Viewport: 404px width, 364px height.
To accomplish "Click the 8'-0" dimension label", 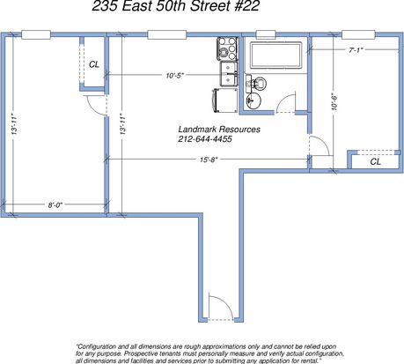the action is pos(55,204).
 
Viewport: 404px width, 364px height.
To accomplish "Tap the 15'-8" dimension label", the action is pos(209,160).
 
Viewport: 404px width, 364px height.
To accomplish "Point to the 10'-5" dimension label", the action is pos(175,75).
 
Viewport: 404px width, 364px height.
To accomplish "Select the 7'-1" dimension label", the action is pos(356,50).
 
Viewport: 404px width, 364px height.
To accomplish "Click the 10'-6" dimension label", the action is pos(334,101).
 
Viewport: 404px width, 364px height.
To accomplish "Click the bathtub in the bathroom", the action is pos(275,56).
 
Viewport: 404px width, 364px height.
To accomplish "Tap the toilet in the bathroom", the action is pos(256,83).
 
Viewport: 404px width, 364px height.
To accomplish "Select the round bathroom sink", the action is pos(253,100).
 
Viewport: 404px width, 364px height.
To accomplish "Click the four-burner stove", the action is pos(227,48).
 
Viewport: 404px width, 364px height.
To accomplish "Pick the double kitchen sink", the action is pos(229,74).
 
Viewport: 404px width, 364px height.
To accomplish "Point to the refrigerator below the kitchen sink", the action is pos(226,100).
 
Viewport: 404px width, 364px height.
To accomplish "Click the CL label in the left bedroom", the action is pos(94,64).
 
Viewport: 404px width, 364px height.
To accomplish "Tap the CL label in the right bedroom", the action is pos(376,161).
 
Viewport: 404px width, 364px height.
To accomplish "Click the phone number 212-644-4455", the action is pos(205,138).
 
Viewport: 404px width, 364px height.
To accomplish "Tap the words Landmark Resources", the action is pos(219,129).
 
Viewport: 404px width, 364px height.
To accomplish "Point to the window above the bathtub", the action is pos(266,34).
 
